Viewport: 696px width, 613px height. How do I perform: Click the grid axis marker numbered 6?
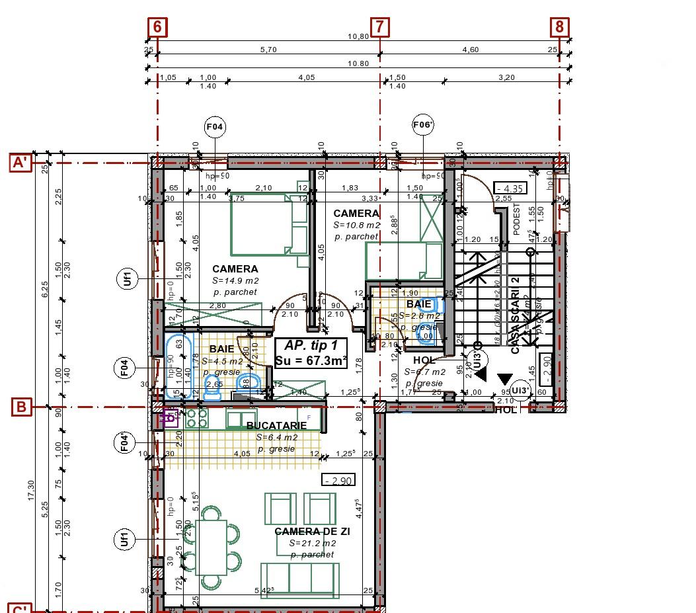click(x=157, y=26)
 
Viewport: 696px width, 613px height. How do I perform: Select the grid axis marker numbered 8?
click(x=560, y=26)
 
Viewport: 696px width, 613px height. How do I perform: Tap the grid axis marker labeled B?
click(x=21, y=407)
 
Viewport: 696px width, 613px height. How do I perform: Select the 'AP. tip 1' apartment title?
click(x=311, y=345)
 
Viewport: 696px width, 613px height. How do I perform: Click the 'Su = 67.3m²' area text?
click(x=311, y=360)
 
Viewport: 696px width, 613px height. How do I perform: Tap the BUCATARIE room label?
click(x=276, y=426)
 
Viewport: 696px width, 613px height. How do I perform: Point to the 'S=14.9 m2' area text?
click(x=235, y=280)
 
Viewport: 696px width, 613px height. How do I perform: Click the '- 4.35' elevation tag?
click(x=509, y=188)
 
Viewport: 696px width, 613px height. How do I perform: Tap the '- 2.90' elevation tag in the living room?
click(x=337, y=481)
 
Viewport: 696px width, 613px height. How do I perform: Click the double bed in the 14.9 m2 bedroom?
click(x=270, y=226)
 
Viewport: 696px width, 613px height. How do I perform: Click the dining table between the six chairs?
click(x=212, y=547)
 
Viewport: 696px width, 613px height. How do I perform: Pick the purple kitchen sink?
click(x=171, y=418)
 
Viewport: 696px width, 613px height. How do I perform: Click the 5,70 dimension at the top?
click(x=268, y=50)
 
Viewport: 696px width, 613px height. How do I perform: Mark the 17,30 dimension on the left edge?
click(x=31, y=509)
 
